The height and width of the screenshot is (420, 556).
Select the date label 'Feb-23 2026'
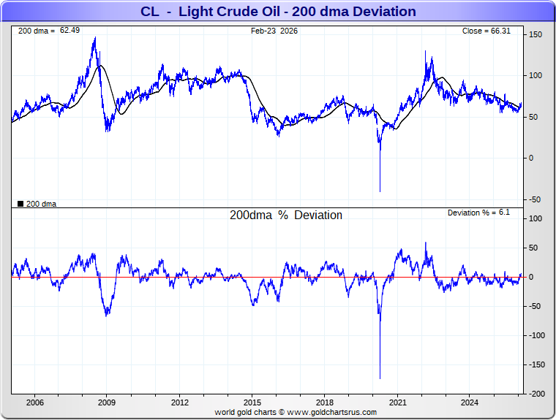pyautogui.click(x=274, y=31)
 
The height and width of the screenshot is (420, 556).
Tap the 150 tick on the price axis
pyautogui.click(x=536, y=34)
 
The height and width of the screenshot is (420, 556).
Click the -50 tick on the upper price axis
pyautogui.click(x=535, y=199)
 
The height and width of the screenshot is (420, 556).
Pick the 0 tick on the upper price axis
pyautogui.click(x=532, y=158)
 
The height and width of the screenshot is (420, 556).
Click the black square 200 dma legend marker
pyautogui.click(x=20, y=204)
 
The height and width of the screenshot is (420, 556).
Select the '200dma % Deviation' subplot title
pyautogui.click(x=286, y=215)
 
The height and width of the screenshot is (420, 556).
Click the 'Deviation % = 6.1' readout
pyautogui.click(x=478, y=212)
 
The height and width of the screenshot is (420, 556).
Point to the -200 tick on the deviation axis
pyautogui.click(x=537, y=394)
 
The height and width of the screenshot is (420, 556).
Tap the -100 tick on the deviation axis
pyautogui.click(x=537, y=335)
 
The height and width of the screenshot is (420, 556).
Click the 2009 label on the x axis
pyautogui.click(x=107, y=402)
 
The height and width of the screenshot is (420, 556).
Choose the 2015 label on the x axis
pyautogui.click(x=252, y=402)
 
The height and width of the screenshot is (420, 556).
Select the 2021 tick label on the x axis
pyautogui.click(x=398, y=402)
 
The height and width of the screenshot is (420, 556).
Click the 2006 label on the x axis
pyautogui.click(x=34, y=402)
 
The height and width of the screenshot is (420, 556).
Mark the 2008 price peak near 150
pyautogui.click(x=95, y=38)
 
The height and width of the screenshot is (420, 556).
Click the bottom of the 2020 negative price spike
pyautogui.click(x=380, y=191)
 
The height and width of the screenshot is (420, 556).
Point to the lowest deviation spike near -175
pyautogui.click(x=380, y=378)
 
